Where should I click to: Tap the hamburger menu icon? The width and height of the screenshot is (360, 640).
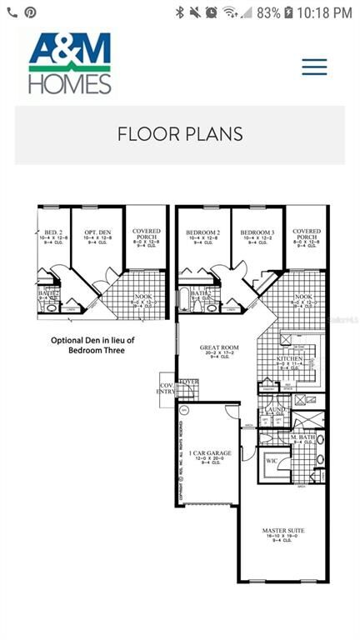click(314, 67)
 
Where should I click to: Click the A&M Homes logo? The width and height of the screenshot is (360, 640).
click(70, 63)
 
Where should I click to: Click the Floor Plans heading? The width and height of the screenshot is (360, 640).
click(180, 134)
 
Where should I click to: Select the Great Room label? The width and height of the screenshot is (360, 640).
click(219, 347)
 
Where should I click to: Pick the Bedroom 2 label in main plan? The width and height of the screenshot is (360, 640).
click(204, 232)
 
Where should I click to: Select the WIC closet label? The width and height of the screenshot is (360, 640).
click(272, 460)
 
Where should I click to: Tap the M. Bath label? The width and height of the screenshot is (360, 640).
click(302, 437)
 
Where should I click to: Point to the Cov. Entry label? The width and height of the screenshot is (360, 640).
click(167, 388)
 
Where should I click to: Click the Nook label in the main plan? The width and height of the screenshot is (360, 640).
click(303, 297)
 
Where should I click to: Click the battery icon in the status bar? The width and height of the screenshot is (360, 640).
click(288, 12)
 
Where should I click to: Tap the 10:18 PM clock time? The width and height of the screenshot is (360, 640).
click(325, 12)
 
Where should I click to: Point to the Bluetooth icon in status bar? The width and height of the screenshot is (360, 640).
click(179, 12)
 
